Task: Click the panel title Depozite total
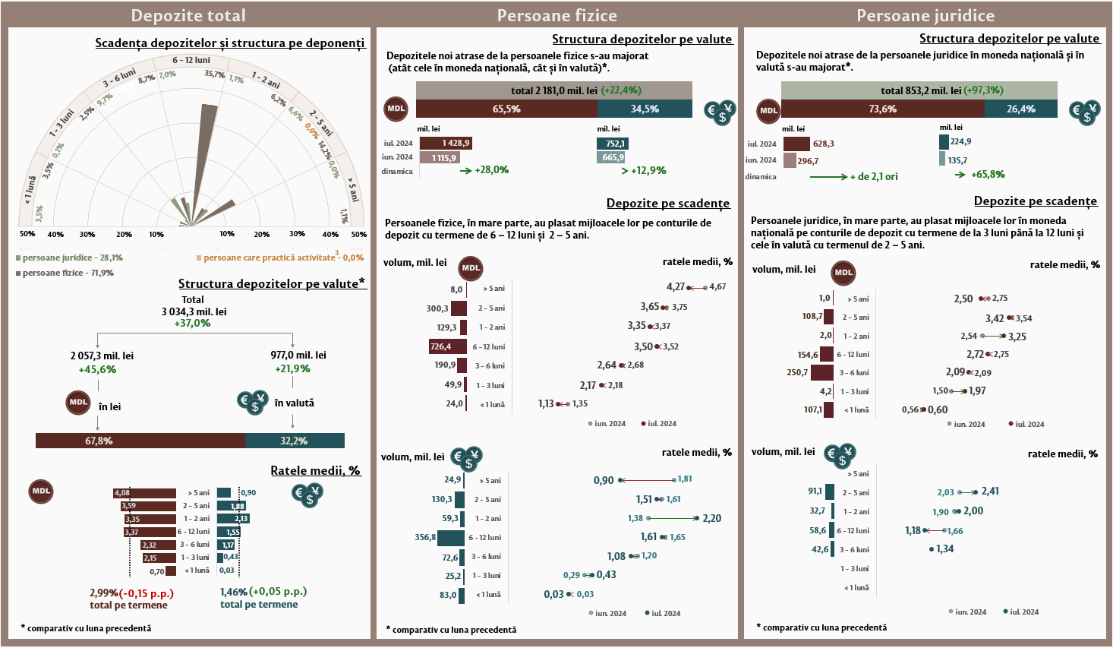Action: [x=188, y=15]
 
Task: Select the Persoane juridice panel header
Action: [x=925, y=15]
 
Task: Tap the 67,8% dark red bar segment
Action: [x=140, y=441]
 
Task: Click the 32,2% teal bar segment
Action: [x=295, y=441]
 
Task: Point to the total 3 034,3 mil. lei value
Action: [x=194, y=311]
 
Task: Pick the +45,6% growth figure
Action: [x=97, y=370]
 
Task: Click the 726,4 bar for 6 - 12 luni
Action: [x=447, y=346]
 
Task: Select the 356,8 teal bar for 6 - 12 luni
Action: [x=450, y=538]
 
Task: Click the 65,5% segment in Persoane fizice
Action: [x=506, y=109]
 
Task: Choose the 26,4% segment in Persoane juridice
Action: [x=1020, y=109]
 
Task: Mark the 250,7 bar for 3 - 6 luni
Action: [x=821, y=373]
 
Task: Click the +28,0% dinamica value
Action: [x=491, y=170]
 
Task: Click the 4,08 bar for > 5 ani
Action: [x=144, y=493]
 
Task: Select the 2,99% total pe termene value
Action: [x=104, y=593]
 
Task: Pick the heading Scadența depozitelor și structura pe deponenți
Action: [x=229, y=43]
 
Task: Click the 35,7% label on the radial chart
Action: [x=214, y=74]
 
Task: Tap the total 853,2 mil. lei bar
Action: [x=919, y=90]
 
